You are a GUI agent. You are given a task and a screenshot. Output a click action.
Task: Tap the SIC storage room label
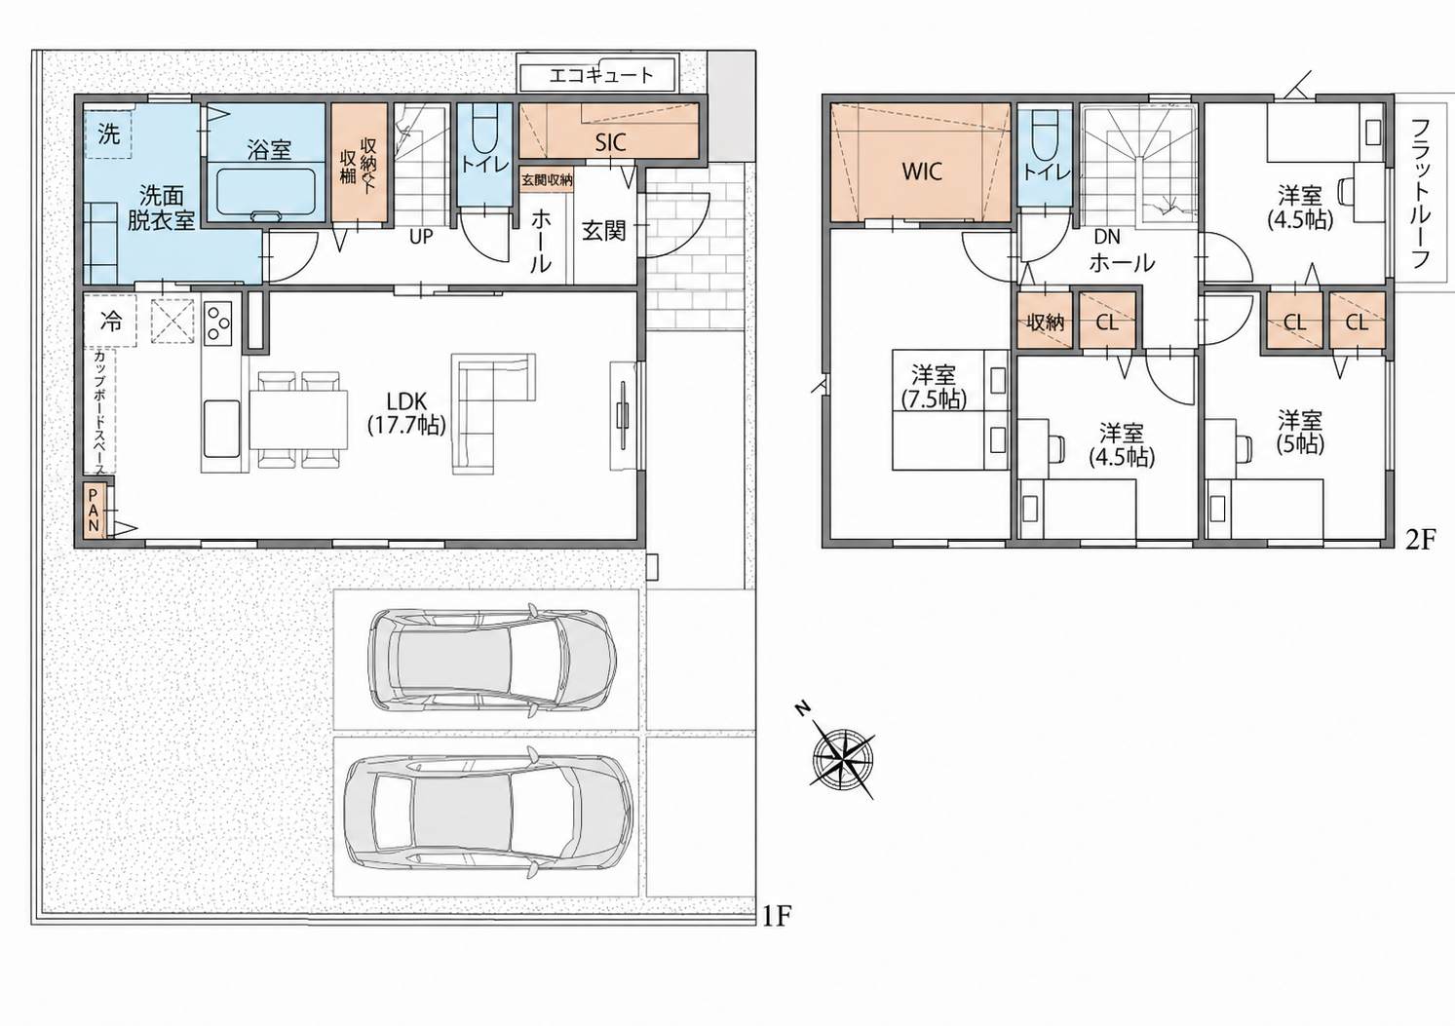tap(611, 143)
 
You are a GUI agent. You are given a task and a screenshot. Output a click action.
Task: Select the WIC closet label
tap(922, 171)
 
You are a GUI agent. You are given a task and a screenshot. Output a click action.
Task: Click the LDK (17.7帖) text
tap(407, 414)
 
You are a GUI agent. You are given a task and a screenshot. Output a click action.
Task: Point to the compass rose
tap(842, 756)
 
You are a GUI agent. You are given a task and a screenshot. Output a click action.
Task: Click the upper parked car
tap(492, 659)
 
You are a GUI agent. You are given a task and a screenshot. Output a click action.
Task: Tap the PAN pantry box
tap(94, 511)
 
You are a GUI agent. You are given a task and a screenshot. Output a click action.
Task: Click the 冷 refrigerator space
tap(110, 321)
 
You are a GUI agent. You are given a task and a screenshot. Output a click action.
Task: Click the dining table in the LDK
tap(299, 419)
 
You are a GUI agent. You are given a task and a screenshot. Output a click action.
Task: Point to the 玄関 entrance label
tap(604, 231)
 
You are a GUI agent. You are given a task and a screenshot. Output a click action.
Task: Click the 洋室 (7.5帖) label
tap(934, 387)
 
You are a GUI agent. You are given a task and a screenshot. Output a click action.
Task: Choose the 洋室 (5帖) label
tap(1300, 432)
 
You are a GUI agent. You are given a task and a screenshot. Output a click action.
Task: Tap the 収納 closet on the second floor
tap(1045, 321)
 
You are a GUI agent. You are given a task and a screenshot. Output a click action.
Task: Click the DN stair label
tap(1107, 236)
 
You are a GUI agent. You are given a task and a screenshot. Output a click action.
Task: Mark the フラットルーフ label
tap(1421, 194)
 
